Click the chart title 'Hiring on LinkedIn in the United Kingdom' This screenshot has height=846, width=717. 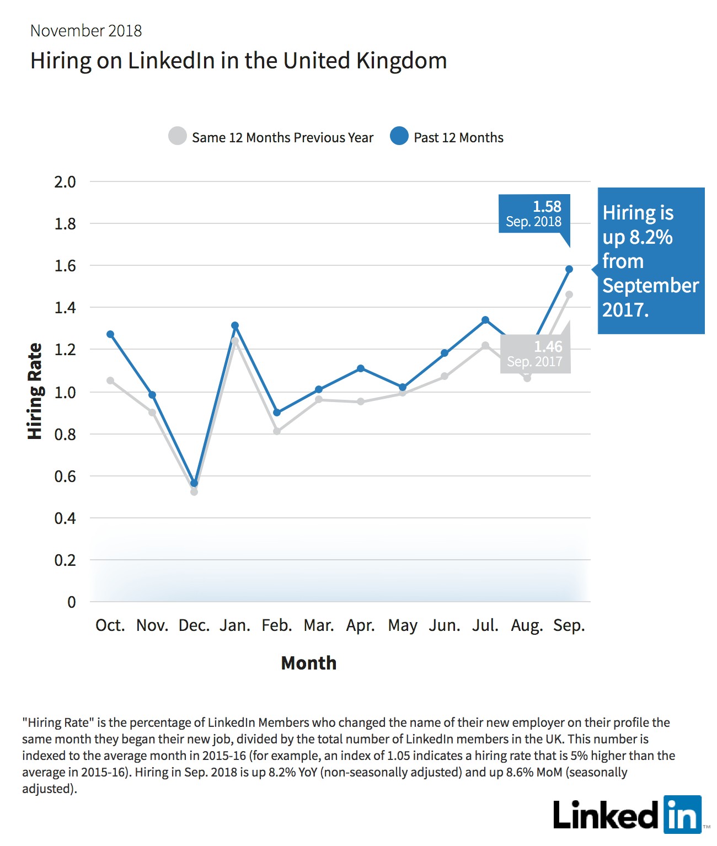[x=239, y=61]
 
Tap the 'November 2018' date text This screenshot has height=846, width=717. [x=86, y=31]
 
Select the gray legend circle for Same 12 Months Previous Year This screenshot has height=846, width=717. [x=178, y=136]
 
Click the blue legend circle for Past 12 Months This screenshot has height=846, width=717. [x=399, y=136]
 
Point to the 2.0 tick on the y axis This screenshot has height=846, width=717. [x=65, y=182]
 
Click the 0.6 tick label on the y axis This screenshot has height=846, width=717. [x=65, y=476]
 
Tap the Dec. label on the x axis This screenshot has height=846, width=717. [x=194, y=625]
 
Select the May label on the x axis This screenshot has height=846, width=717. [x=403, y=626]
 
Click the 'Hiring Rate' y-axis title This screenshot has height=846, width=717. [x=35, y=391]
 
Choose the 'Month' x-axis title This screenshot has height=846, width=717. [x=308, y=663]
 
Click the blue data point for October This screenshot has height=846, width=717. [x=110, y=334]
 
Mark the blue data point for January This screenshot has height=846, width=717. [x=235, y=325]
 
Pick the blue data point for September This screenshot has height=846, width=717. [x=569, y=269]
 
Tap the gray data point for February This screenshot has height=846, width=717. [x=277, y=431]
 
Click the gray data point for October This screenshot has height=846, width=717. [x=110, y=381]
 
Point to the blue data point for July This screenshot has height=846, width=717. [x=485, y=320]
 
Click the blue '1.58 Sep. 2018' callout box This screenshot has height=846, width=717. [x=534, y=213]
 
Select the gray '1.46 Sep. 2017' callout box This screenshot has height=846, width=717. [x=536, y=354]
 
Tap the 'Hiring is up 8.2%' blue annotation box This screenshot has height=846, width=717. [x=651, y=261]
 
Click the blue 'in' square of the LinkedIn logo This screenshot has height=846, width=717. [x=683, y=815]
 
